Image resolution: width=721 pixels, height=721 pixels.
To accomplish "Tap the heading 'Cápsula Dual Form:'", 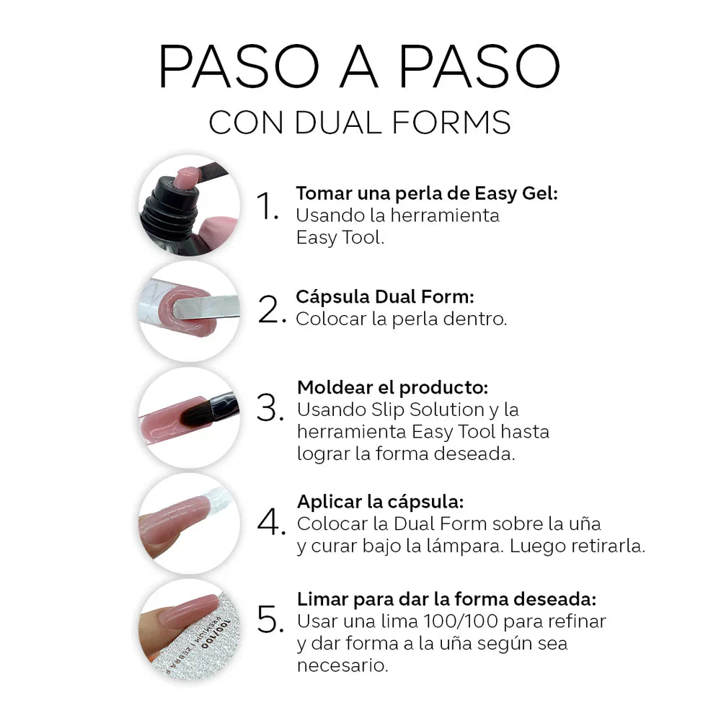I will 384,297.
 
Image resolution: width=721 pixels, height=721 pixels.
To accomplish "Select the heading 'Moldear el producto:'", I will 393,387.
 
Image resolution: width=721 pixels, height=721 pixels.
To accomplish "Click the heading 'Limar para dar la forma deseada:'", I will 447,599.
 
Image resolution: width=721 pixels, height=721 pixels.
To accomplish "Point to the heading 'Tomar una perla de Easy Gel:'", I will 427,194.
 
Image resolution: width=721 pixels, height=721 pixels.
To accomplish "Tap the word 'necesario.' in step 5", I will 342,665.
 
